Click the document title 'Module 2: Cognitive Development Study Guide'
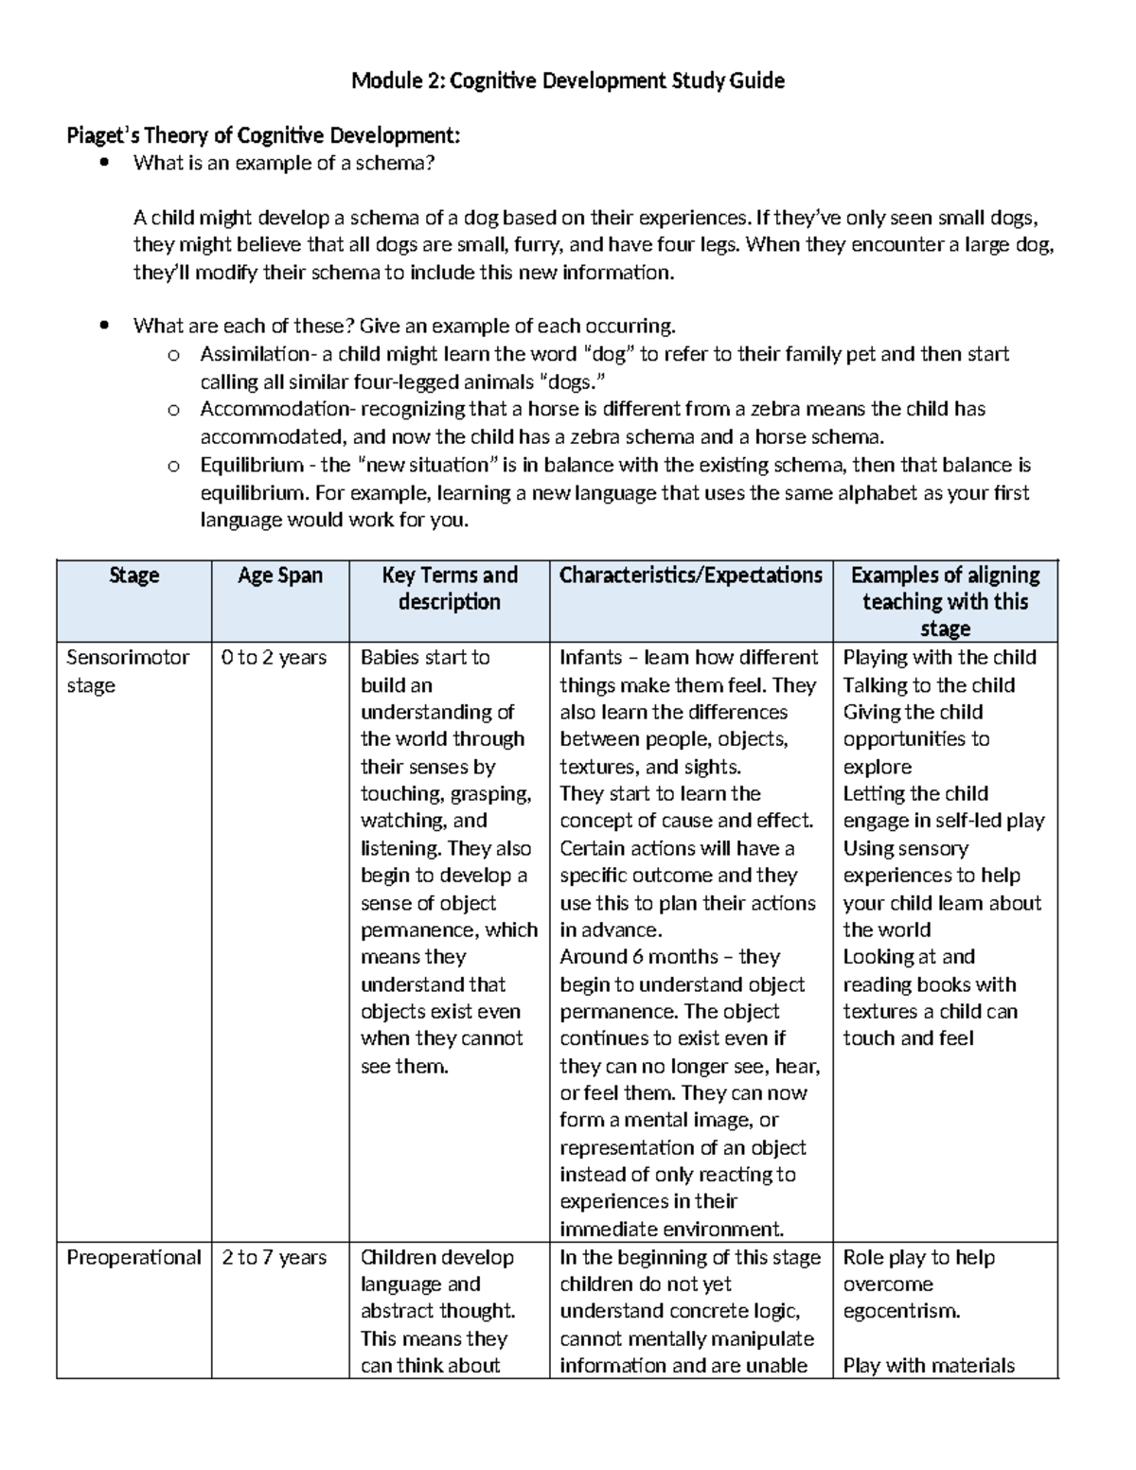567,81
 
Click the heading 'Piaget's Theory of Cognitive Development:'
263,136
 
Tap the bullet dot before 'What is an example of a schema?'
104,163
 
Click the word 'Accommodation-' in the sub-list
261,410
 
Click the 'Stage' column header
133,576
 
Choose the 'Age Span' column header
279,576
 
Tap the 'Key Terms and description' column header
449,589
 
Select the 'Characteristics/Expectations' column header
690,576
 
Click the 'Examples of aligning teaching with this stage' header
945,602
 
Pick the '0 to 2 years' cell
274,658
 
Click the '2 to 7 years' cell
274,1258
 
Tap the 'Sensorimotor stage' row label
127,670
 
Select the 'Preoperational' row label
133,1258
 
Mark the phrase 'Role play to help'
918,1258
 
